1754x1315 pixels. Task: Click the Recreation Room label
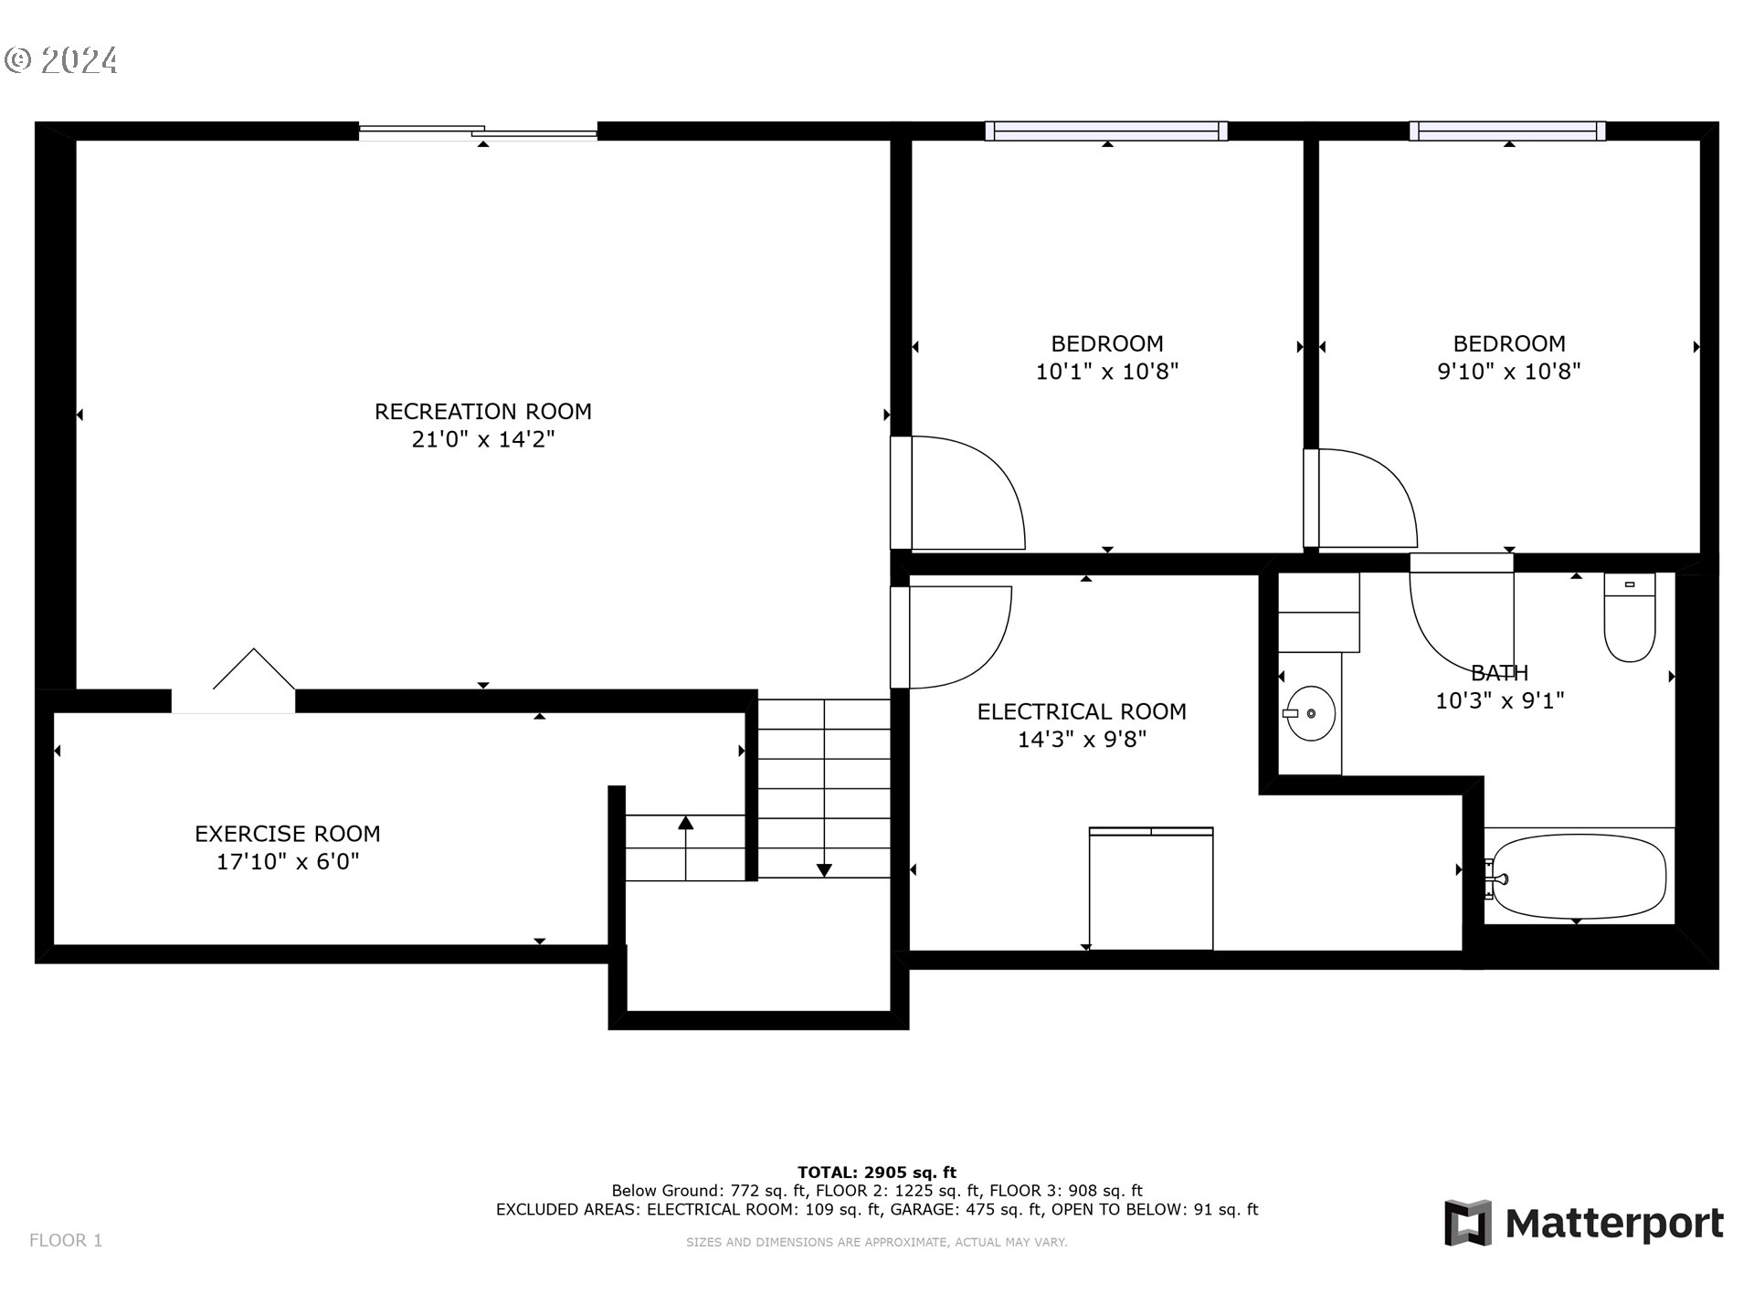click(482, 412)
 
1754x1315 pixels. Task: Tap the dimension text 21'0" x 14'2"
click(482, 440)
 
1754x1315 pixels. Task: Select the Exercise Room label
click(287, 834)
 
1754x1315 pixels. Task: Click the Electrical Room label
click(1082, 711)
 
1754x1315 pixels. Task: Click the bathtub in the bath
click(1579, 876)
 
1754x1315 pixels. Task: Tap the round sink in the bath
click(1310, 713)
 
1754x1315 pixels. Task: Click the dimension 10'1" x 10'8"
click(1106, 372)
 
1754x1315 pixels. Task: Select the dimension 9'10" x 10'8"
click(1508, 372)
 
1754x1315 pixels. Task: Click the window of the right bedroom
click(1507, 131)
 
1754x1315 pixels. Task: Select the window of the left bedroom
click(1106, 131)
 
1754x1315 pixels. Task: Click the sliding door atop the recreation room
click(478, 132)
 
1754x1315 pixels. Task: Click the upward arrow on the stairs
click(685, 825)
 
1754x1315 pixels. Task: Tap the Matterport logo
click(1583, 1223)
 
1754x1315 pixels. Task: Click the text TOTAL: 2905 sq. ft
click(876, 1173)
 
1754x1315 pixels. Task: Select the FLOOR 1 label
click(66, 1240)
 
